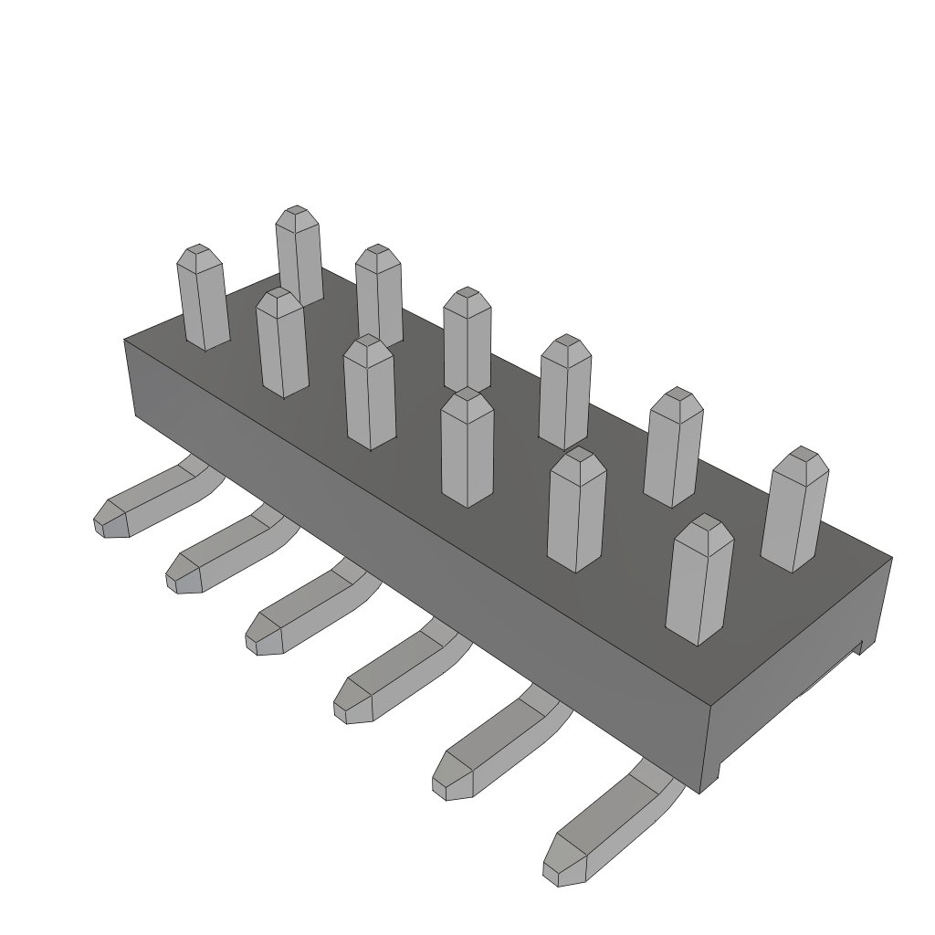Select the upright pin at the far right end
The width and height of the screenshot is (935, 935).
point(794,511)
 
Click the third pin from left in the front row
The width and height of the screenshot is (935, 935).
point(370,393)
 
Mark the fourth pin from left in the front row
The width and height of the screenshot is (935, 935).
point(467,447)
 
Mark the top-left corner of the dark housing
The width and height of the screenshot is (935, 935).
point(125,341)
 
